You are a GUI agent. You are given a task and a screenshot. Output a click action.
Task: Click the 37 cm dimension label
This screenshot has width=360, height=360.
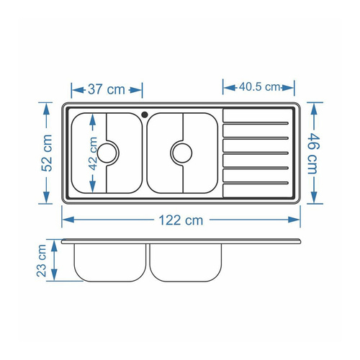tap(107, 89)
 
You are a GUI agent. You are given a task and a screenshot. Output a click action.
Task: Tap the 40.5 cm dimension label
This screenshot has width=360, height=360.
tap(259, 86)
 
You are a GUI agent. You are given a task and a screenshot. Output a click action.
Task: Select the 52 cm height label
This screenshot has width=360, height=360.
tap(47, 153)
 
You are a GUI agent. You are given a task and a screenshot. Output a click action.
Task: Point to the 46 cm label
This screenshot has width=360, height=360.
tap(313, 153)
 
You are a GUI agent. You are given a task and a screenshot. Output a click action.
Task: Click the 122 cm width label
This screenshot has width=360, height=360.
tap(181, 220)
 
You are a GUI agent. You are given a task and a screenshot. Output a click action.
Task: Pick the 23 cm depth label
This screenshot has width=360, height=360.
tap(42, 261)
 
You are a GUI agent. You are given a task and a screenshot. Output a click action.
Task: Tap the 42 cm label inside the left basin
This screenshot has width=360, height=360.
tap(93, 153)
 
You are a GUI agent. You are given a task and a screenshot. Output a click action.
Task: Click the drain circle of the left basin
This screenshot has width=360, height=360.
tap(107, 153)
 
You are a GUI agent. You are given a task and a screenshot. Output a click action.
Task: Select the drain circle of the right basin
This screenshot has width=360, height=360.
tap(181, 153)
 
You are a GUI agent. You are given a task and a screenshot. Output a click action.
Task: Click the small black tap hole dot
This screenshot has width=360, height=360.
tap(145, 114)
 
